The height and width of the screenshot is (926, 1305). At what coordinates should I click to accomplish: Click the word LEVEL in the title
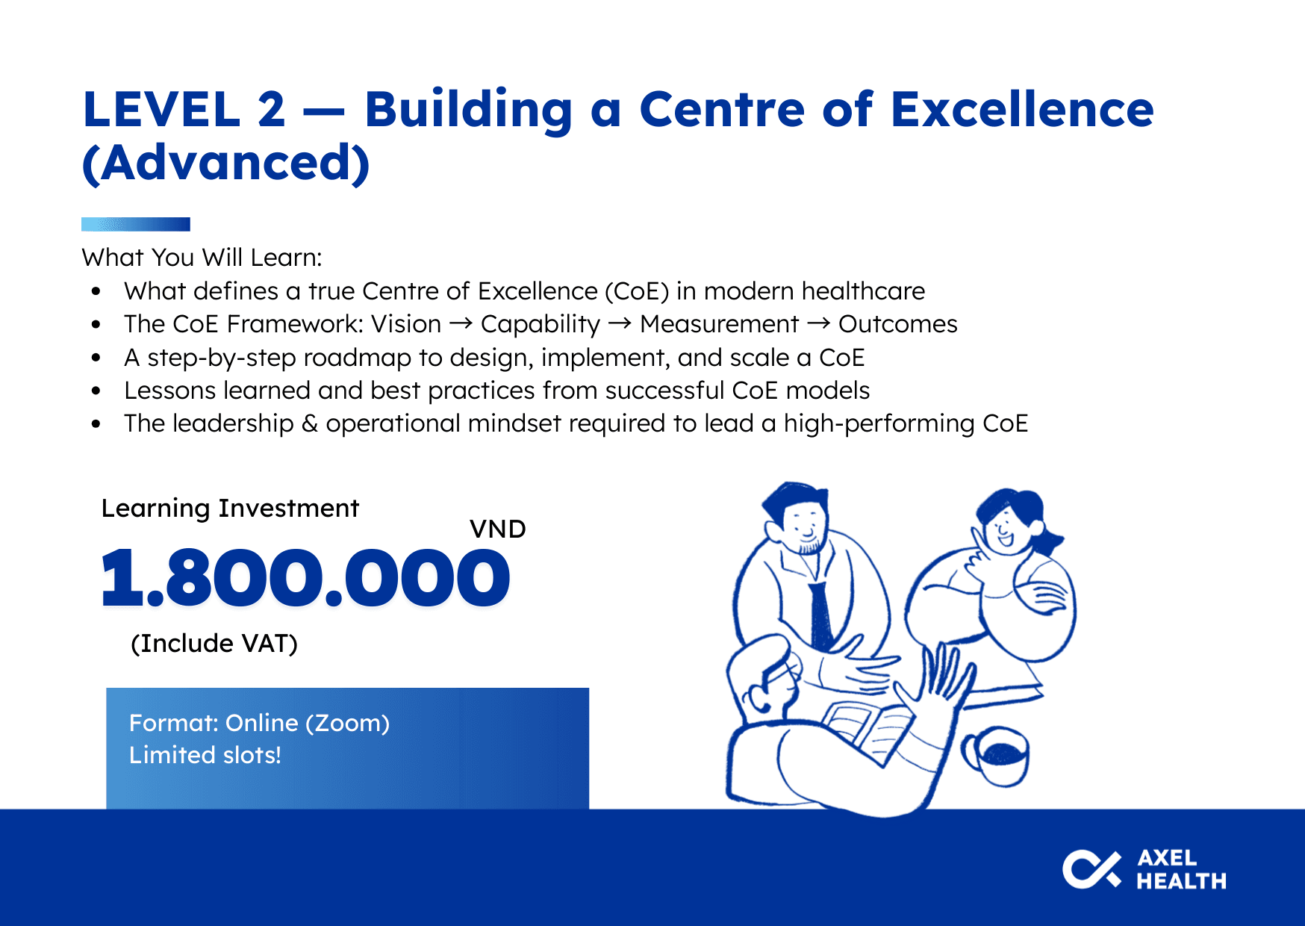pos(162,110)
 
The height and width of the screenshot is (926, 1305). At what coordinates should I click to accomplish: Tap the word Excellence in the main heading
pos(1023,109)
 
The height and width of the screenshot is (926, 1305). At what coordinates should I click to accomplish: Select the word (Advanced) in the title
pos(225,164)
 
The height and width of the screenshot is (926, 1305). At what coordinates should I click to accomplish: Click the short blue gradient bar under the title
pos(136,224)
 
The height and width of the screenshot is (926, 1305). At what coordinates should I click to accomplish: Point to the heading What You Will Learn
pos(202,258)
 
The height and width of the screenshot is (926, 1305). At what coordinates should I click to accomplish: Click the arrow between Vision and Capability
pos(461,323)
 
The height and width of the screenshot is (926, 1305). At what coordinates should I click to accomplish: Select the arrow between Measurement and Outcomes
pos(819,323)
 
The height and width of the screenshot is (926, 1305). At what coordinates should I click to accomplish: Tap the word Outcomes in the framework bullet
pos(898,324)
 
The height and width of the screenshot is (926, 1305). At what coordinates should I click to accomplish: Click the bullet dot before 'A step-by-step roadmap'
pos(96,358)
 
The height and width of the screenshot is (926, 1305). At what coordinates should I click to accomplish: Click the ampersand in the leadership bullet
pos(310,423)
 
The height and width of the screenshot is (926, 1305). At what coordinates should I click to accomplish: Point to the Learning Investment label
pos(230,509)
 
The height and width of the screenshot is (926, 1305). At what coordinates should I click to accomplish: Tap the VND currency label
pos(498,529)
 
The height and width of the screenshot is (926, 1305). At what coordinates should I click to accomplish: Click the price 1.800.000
pos(305,578)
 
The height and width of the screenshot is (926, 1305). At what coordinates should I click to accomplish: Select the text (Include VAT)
pos(214,644)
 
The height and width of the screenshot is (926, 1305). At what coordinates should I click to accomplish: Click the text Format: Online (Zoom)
pos(259,724)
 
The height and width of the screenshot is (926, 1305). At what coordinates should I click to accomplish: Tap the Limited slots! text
pos(205,755)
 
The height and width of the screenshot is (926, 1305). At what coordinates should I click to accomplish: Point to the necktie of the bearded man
pos(821,617)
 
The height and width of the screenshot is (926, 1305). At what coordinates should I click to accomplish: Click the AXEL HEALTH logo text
pos(1181,870)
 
